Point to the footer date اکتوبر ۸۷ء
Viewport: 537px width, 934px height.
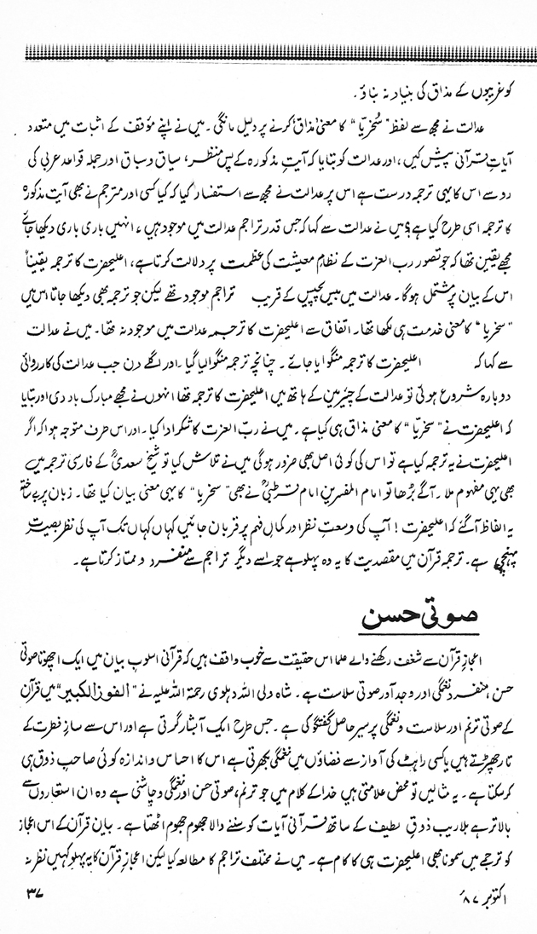pos(476,913)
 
